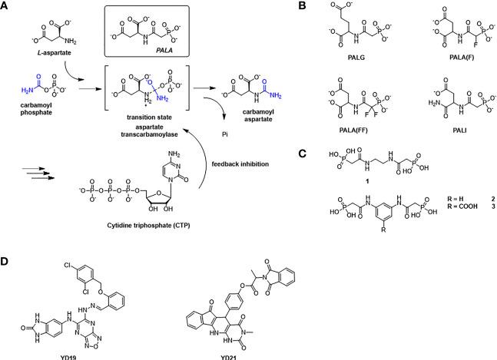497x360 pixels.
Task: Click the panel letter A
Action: click(x=6, y=6)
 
